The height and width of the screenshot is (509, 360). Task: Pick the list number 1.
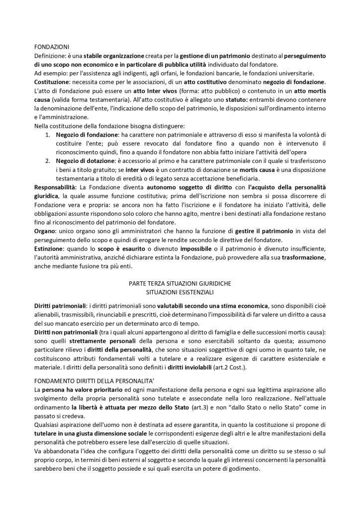coord(48,134)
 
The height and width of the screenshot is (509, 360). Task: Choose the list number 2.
coord(48,161)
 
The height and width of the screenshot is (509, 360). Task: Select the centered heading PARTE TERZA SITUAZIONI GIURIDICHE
coord(180,283)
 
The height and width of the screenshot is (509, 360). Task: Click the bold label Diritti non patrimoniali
coord(66,331)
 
